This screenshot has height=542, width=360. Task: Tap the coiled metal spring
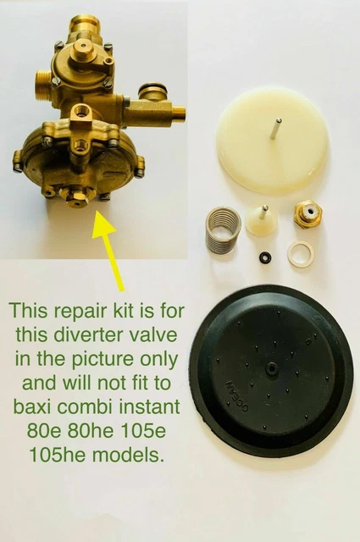pyautogui.click(x=224, y=233)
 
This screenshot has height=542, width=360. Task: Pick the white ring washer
pyautogui.click(x=301, y=254)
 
